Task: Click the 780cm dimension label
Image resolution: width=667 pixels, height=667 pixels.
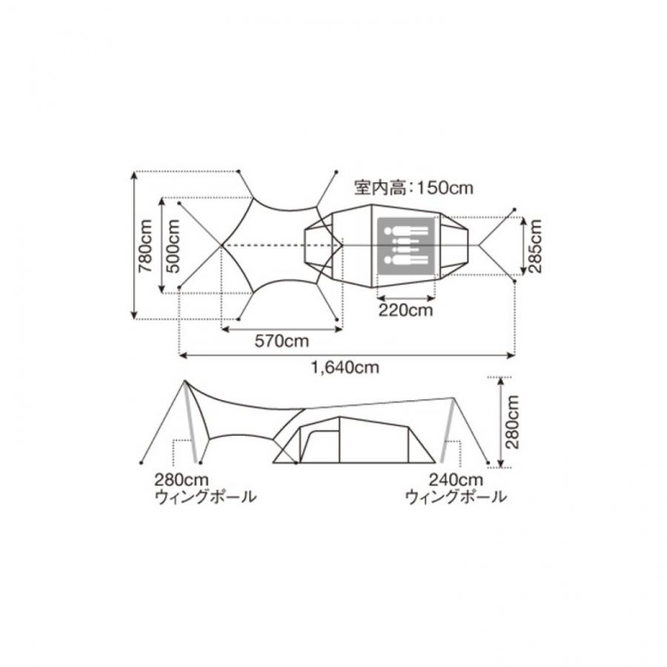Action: (145, 245)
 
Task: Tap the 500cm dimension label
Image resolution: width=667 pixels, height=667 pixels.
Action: (173, 245)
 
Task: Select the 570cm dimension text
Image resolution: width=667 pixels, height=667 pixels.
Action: (282, 341)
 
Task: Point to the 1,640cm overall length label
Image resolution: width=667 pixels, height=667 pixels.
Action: (345, 367)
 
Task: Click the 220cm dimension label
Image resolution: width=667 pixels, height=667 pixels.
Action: (406, 310)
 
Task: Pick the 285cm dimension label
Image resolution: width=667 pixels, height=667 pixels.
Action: (535, 245)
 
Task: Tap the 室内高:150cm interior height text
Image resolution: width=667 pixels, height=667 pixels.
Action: (414, 188)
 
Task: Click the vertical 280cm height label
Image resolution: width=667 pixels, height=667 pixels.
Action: (513, 422)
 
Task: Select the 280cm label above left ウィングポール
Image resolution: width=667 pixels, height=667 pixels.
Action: (182, 479)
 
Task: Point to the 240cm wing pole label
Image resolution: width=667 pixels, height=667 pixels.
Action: (456, 479)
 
